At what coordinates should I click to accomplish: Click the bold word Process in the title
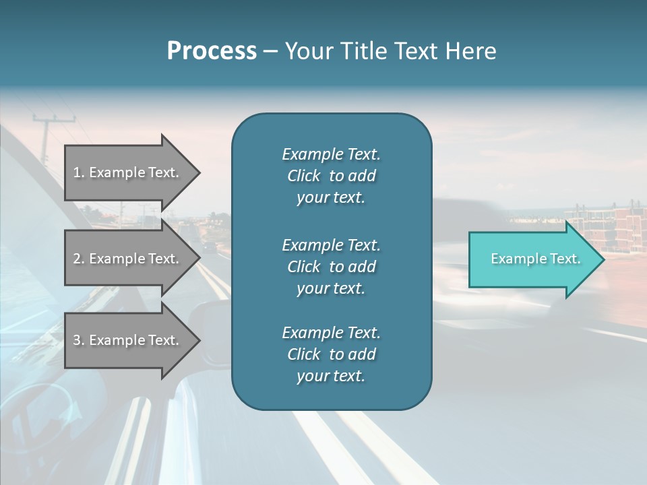pyautogui.click(x=212, y=51)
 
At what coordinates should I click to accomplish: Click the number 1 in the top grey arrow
pyautogui.click(x=77, y=172)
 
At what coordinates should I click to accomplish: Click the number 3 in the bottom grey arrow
pyautogui.click(x=77, y=340)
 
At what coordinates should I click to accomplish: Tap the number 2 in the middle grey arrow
pyautogui.click(x=77, y=259)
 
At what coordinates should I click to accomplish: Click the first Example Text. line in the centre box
pyautogui.click(x=331, y=154)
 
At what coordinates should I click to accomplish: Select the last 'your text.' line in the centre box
pyautogui.click(x=331, y=376)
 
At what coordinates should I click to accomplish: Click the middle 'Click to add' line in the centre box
pyautogui.click(x=331, y=267)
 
